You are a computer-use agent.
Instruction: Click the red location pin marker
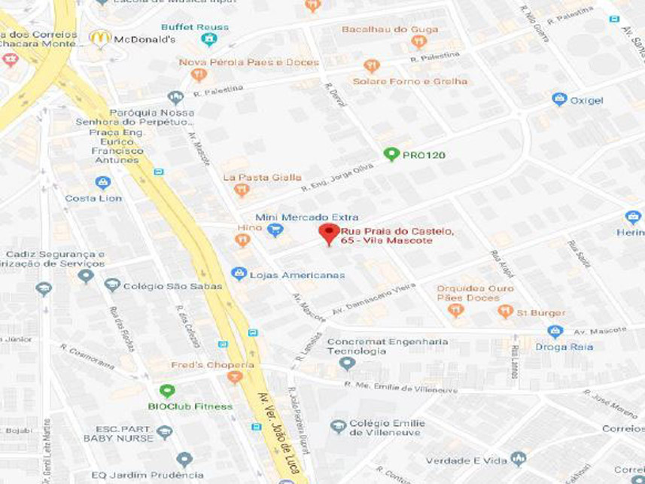328,233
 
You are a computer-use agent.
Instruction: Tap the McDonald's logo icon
100,38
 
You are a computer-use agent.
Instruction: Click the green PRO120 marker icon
391,154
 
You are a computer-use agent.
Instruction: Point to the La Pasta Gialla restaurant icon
242,190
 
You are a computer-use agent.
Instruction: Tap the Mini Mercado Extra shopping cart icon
275,230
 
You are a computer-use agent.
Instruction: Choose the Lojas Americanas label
299,275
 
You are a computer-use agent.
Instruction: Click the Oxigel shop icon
558,99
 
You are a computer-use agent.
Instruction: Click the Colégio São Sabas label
174,286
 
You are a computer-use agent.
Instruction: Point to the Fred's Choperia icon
235,376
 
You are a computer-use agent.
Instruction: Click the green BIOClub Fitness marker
167,391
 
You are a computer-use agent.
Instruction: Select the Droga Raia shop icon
555,331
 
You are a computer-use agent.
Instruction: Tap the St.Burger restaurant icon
505,311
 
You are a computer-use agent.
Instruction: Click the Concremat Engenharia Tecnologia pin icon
347,364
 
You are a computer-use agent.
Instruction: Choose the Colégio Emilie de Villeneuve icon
339,427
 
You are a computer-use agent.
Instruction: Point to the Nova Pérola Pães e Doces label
248,62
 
